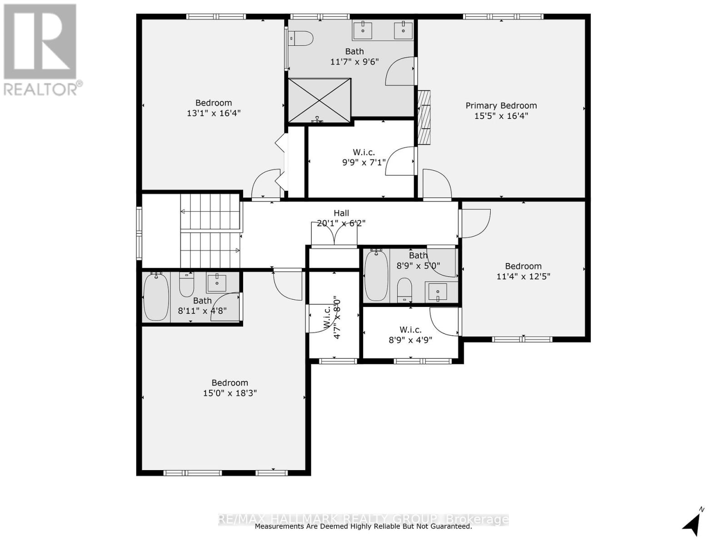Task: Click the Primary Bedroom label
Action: pos(501,105)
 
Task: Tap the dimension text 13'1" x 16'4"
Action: pos(214,113)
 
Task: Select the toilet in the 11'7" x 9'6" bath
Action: pos(301,38)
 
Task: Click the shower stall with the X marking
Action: pos(320,100)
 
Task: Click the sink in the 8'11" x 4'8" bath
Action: pos(217,283)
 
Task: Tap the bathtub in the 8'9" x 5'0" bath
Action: pos(376,275)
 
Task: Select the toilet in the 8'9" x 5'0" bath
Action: pos(404,290)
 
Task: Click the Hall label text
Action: pos(341,213)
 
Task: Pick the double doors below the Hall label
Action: pos(334,234)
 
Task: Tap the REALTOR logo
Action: pos(41,50)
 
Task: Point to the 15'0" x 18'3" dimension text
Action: pos(229,393)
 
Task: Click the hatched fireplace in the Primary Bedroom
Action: pos(424,118)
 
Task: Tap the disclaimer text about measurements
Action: pos(363,526)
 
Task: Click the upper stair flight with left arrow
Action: pos(210,212)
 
